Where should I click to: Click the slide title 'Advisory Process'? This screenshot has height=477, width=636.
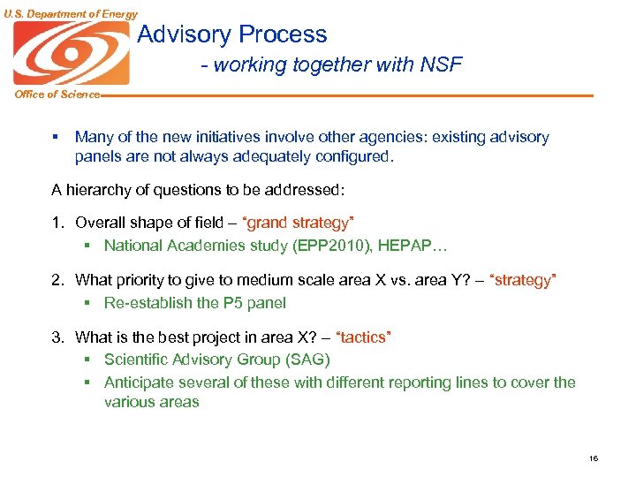pyautogui.click(x=232, y=34)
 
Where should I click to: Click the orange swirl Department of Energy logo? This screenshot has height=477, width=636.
pyautogui.click(x=71, y=53)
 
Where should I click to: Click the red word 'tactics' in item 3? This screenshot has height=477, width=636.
pyautogui.click(x=365, y=337)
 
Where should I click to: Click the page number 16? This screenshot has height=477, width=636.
pyautogui.click(x=593, y=458)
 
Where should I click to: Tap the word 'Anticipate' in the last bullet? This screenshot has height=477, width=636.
pyautogui.click(x=139, y=382)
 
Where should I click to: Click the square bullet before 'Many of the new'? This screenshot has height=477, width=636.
pyautogui.click(x=55, y=137)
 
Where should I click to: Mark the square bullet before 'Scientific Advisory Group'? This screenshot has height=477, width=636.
pyautogui.click(x=88, y=360)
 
